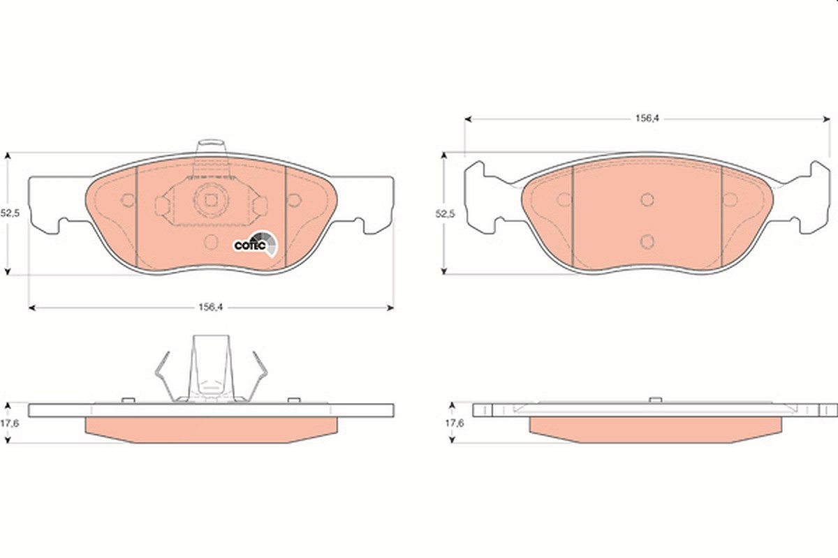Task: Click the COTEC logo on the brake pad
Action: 256,243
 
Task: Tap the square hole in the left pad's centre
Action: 211,201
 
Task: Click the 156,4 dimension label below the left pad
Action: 211,307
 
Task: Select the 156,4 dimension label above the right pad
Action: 647,119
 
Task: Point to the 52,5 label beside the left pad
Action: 10,213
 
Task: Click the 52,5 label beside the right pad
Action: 446,213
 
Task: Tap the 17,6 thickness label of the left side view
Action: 10,423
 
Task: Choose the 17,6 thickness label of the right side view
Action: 454,423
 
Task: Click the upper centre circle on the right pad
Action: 647,199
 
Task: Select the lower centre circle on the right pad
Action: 647,241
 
